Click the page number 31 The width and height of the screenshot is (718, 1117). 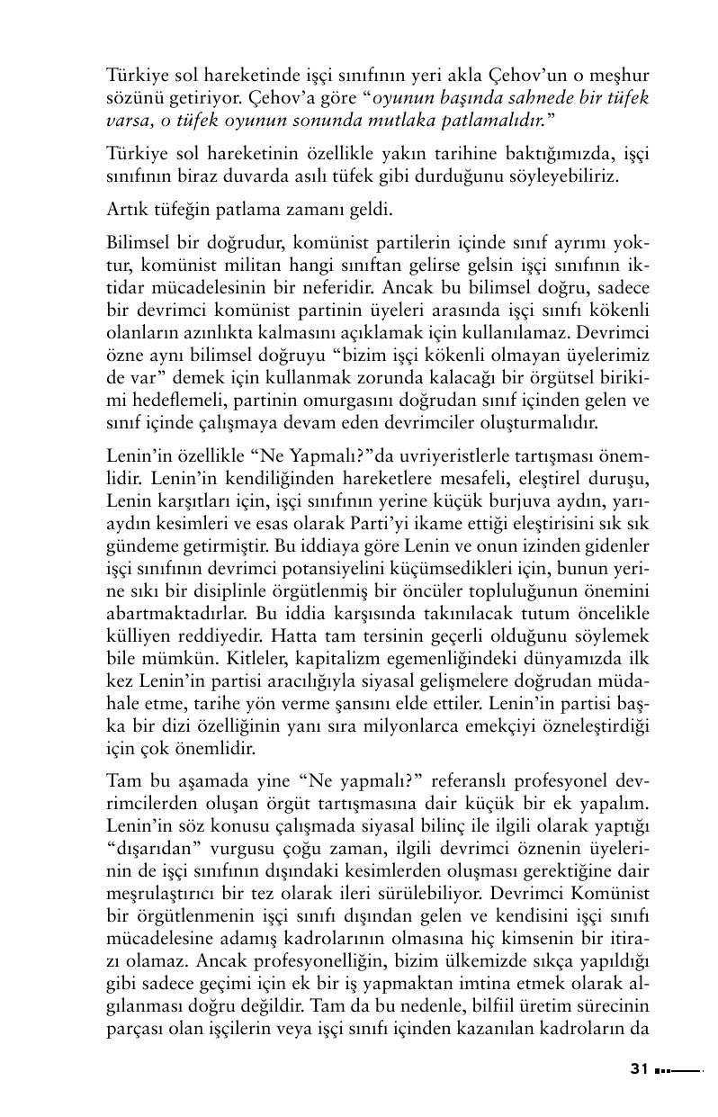coord(639,1069)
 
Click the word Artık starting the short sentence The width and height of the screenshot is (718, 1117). coord(126,213)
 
